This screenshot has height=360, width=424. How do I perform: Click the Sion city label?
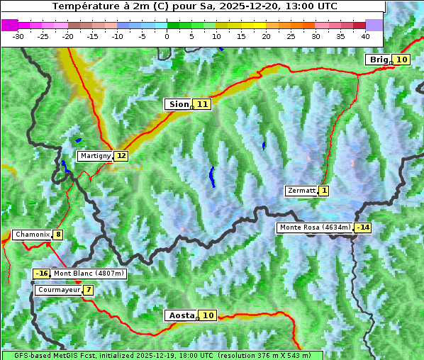point(177,104)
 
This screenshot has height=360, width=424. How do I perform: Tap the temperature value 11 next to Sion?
point(203,104)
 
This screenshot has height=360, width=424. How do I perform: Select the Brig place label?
point(379,60)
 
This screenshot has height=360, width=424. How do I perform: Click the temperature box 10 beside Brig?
point(401,60)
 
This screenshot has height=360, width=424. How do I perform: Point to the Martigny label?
point(95,156)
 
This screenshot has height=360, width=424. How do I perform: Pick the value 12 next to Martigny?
point(121,156)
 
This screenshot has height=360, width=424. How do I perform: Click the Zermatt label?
point(301,191)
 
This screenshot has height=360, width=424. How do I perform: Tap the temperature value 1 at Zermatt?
point(324,191)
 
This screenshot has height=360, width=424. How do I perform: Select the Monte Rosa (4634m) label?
point(315,227)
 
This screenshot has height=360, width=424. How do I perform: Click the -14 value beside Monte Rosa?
point(363,227)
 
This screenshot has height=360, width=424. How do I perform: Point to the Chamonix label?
point(31,235)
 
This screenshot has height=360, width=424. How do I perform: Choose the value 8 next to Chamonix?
point(57,235)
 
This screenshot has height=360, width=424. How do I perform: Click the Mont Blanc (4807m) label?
point(89,274)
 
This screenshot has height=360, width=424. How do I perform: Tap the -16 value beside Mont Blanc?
point(41,274)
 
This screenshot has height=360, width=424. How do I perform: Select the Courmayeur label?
point(58,290)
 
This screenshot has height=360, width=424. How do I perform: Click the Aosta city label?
point(180,315)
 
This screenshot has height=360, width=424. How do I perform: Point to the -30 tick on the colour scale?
point(18,35)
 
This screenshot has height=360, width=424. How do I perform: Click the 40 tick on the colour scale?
point(365,35)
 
